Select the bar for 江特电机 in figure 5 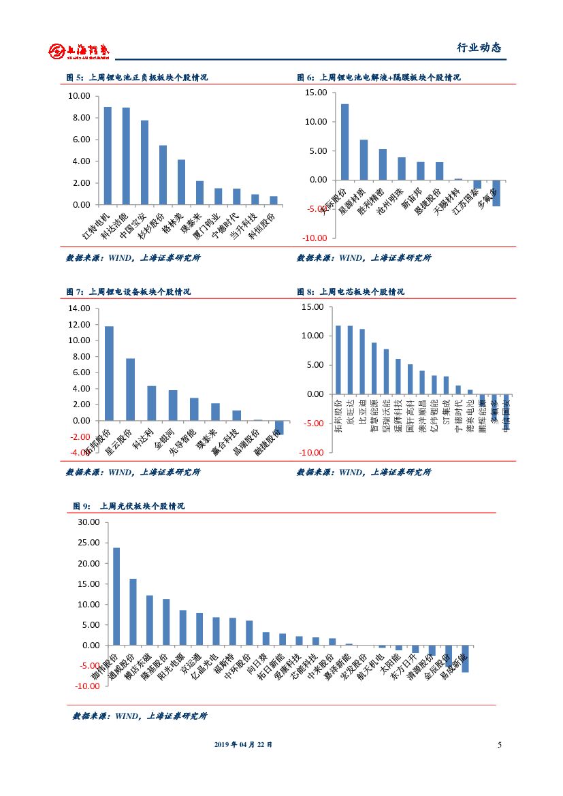pos(108,155)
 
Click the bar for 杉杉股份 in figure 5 pos(163,174)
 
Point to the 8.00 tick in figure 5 pos(80,118)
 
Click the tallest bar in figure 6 pos(345,142)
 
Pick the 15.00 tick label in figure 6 pos(315,93)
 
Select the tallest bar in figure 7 pos(109,373)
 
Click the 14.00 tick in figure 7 pos(80,308)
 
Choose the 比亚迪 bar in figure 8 pos(362,362)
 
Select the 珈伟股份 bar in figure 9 pos(116,596)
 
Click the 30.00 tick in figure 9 pos(89,523)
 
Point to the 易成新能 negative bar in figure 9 pos(465,658)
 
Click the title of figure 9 pos(129,506)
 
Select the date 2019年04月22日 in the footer pos(243,745)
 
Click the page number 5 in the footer pos(499,745)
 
